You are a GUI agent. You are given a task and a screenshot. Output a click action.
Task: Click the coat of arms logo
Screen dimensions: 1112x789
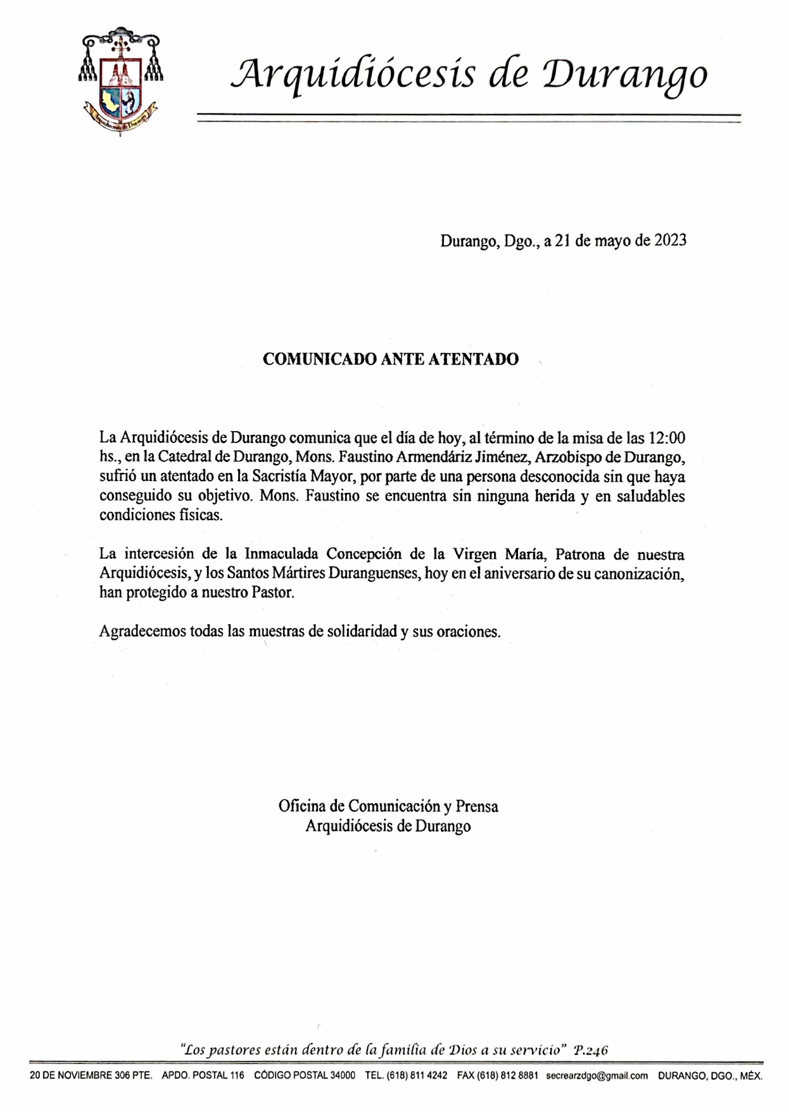click(x=120, y=82)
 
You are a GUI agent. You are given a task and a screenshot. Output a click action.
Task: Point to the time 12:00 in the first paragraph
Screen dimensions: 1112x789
click(x=666, y=438)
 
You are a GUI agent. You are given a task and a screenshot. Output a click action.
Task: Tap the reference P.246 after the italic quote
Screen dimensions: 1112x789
click(x=590, y=1050)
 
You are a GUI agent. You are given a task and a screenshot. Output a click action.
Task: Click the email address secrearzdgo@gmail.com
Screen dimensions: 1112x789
click(x=596, y=1076)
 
